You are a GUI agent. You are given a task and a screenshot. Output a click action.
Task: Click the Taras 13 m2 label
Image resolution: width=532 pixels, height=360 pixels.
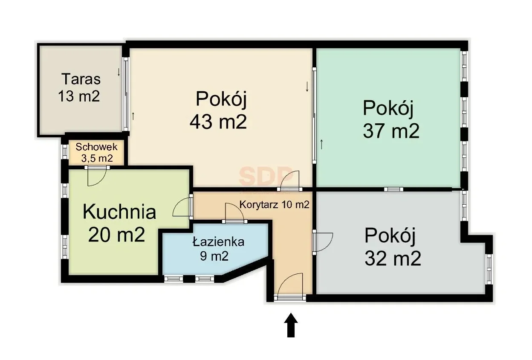[x=79, y=88]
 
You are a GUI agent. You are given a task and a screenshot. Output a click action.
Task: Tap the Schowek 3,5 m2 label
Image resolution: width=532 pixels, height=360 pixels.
[x=96, y=153]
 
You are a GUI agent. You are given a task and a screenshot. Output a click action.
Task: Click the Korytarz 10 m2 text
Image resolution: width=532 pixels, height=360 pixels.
[x=275, y=205]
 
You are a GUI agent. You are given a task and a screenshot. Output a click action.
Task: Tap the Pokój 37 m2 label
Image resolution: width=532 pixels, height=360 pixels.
[x=390, y=119]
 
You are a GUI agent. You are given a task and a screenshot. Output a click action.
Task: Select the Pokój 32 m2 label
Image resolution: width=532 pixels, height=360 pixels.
[x=392, y=247]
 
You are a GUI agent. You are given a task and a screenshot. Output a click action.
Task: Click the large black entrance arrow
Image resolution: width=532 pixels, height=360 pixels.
[x=291, y=325]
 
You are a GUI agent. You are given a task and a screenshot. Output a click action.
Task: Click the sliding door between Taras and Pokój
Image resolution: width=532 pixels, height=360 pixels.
[x=126, y=94]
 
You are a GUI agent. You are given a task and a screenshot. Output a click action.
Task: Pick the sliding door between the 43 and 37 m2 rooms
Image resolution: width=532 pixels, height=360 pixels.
[x=314, y=116]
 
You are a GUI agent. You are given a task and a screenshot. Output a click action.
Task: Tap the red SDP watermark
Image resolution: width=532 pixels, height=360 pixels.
[x=265, y=176]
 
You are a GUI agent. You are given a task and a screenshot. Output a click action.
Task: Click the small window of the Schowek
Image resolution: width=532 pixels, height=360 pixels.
[x=65, y=151]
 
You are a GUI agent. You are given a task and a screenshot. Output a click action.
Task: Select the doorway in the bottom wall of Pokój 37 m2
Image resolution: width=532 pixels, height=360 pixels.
[x=393, y=189]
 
